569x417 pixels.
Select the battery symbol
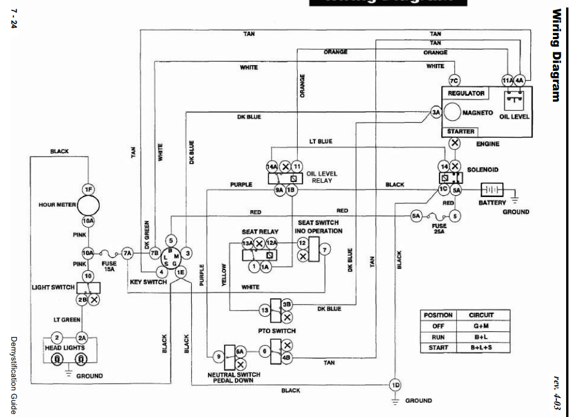tap(491, 189)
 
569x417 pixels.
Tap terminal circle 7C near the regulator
tap(454, 81)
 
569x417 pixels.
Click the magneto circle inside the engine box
tap(459, 112)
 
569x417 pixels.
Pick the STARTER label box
tap(461, 131)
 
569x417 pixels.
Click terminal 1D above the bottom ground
tap(395, 385)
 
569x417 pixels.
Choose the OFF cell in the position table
tap(438, 326)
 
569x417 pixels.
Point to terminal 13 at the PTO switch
tap(264, 310)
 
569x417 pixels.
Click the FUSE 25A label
tap(439, 229)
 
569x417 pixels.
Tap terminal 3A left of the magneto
tap(436, 113)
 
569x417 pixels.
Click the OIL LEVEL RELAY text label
tap(323, 176)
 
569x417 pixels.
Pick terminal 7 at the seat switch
tap(325, 249)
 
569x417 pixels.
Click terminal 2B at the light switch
tap(82, 300)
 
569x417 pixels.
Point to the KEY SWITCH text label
tap(148, 282)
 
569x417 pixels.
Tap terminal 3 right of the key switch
tap(188, 253)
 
